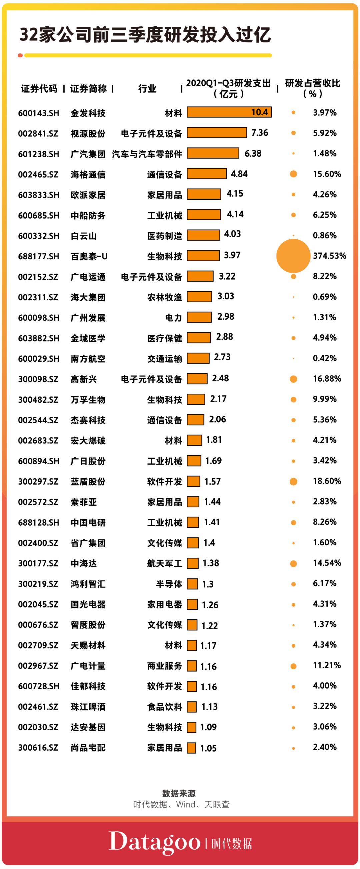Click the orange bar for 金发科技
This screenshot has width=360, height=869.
(x=229, y=112)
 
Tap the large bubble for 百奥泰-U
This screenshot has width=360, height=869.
(x=293, y=256)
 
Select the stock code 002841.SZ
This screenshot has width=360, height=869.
(x=38, y=134)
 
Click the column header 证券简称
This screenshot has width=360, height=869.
(x=88, y=89)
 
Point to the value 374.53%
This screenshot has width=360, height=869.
(x=329, y=256)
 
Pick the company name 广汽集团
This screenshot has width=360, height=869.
(x=88, y=154)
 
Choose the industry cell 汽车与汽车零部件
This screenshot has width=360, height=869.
(x=147, y=154)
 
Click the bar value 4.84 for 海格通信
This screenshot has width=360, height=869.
(x=239, y=174)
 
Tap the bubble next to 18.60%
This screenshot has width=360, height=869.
(x=293, y=481)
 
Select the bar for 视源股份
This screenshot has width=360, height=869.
(x=217, y=133)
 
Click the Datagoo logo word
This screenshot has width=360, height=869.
(x=155, y=842)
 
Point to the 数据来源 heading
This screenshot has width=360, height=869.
(x=179, y=793)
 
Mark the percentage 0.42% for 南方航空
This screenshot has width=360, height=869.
(x=324, y=358)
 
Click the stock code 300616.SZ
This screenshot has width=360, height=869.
(x=38, y=748)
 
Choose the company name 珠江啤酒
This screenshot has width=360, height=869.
(x=88, y=707)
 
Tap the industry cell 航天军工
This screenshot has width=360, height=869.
(x=164, y=563)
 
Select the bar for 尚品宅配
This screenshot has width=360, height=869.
(x=191, y=748)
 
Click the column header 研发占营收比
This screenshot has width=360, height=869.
(x=312, y=83)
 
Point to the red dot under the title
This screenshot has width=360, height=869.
(x=20, y=55)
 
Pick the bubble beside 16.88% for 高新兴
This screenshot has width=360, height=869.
(x=293, y=379)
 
